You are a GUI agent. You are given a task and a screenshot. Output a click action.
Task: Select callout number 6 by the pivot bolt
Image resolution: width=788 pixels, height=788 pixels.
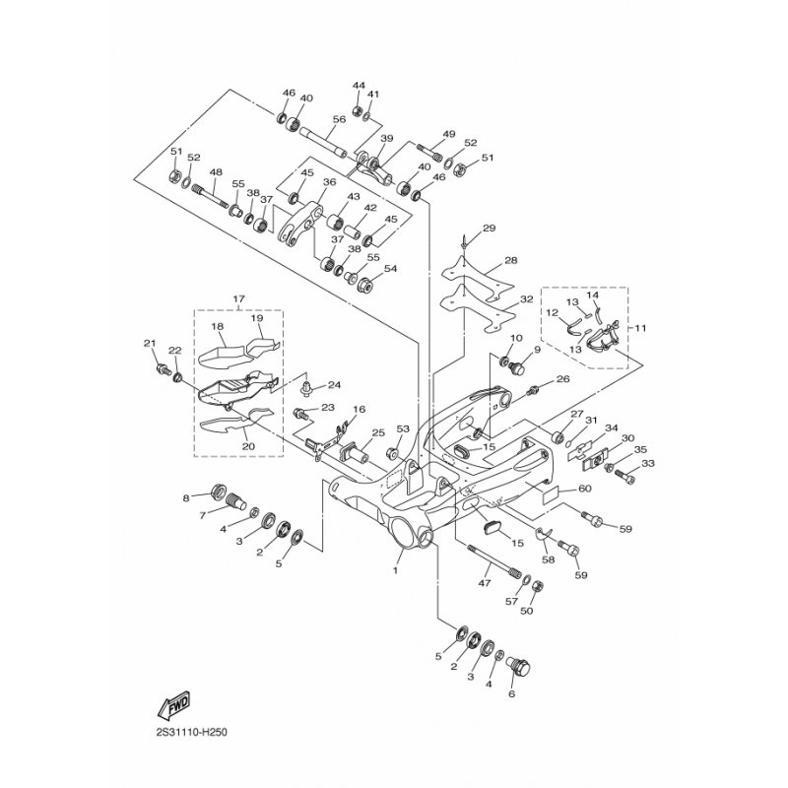[510, 693]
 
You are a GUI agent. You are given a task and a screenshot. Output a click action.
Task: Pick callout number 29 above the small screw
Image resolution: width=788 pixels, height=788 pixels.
[490, 230]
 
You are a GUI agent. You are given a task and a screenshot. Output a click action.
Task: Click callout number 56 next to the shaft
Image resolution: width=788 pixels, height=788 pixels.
[338, 119]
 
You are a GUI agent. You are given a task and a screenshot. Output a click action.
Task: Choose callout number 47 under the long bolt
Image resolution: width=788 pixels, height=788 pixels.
[484, 584]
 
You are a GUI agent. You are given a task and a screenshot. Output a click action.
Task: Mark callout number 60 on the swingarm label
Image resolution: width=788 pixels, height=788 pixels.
[584, 489]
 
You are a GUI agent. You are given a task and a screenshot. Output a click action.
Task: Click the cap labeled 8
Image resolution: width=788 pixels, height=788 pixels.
[220, 492]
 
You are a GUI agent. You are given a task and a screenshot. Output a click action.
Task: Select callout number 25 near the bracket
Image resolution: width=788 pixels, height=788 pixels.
[350, 433]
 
